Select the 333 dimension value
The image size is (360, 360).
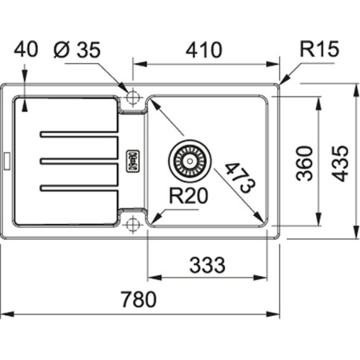(207, 264)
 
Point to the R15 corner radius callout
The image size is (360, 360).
(319, 50)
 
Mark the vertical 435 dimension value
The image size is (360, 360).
(342, 163)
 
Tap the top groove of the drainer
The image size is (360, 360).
(80, 132)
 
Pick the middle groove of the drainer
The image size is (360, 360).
(80, 160)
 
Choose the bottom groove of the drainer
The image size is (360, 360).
(80, 188)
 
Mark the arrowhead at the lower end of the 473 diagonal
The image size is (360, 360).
(263, 222)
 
